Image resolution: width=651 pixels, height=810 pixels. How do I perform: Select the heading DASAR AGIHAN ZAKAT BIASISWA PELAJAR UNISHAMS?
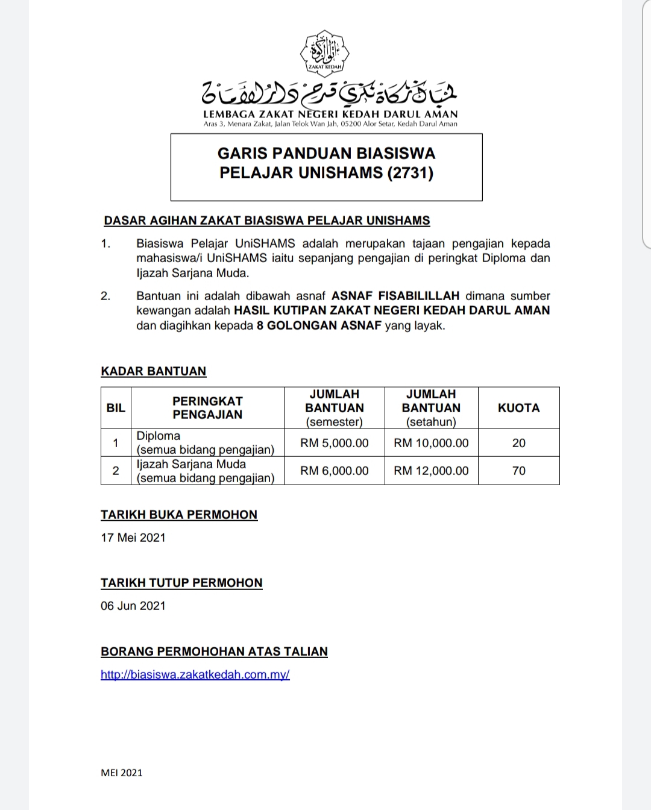(267, 221)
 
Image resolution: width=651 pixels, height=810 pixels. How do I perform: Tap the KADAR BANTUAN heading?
(153, 371)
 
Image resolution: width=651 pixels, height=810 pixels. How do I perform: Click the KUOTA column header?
(518, 408)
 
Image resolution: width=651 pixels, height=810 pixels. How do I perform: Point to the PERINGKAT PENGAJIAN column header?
(207, 408)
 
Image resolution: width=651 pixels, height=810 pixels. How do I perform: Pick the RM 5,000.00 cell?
(335, 443)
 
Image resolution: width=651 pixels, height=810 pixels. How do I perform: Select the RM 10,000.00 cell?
(431, 443)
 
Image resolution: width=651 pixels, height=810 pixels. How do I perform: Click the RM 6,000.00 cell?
(335, 471)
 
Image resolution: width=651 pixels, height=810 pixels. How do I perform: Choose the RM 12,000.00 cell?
(431, 471)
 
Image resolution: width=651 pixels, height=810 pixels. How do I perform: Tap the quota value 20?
(518, 443)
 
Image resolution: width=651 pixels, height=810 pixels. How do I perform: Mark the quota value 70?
(518, 471)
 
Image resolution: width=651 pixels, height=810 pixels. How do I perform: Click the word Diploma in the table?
(159, 436)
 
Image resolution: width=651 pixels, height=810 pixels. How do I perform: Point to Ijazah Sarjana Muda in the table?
(191, 464)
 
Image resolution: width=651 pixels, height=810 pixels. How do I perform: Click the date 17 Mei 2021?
(133, 538)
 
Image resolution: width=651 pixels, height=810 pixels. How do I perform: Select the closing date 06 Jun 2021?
(133, 606)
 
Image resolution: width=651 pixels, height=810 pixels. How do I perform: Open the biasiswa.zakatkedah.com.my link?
(195, 674)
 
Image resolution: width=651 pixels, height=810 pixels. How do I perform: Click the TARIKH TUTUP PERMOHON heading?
(181, 583)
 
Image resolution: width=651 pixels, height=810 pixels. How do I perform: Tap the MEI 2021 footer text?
(122, 773)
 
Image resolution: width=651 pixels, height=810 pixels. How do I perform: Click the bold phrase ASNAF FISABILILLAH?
(395, 296)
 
